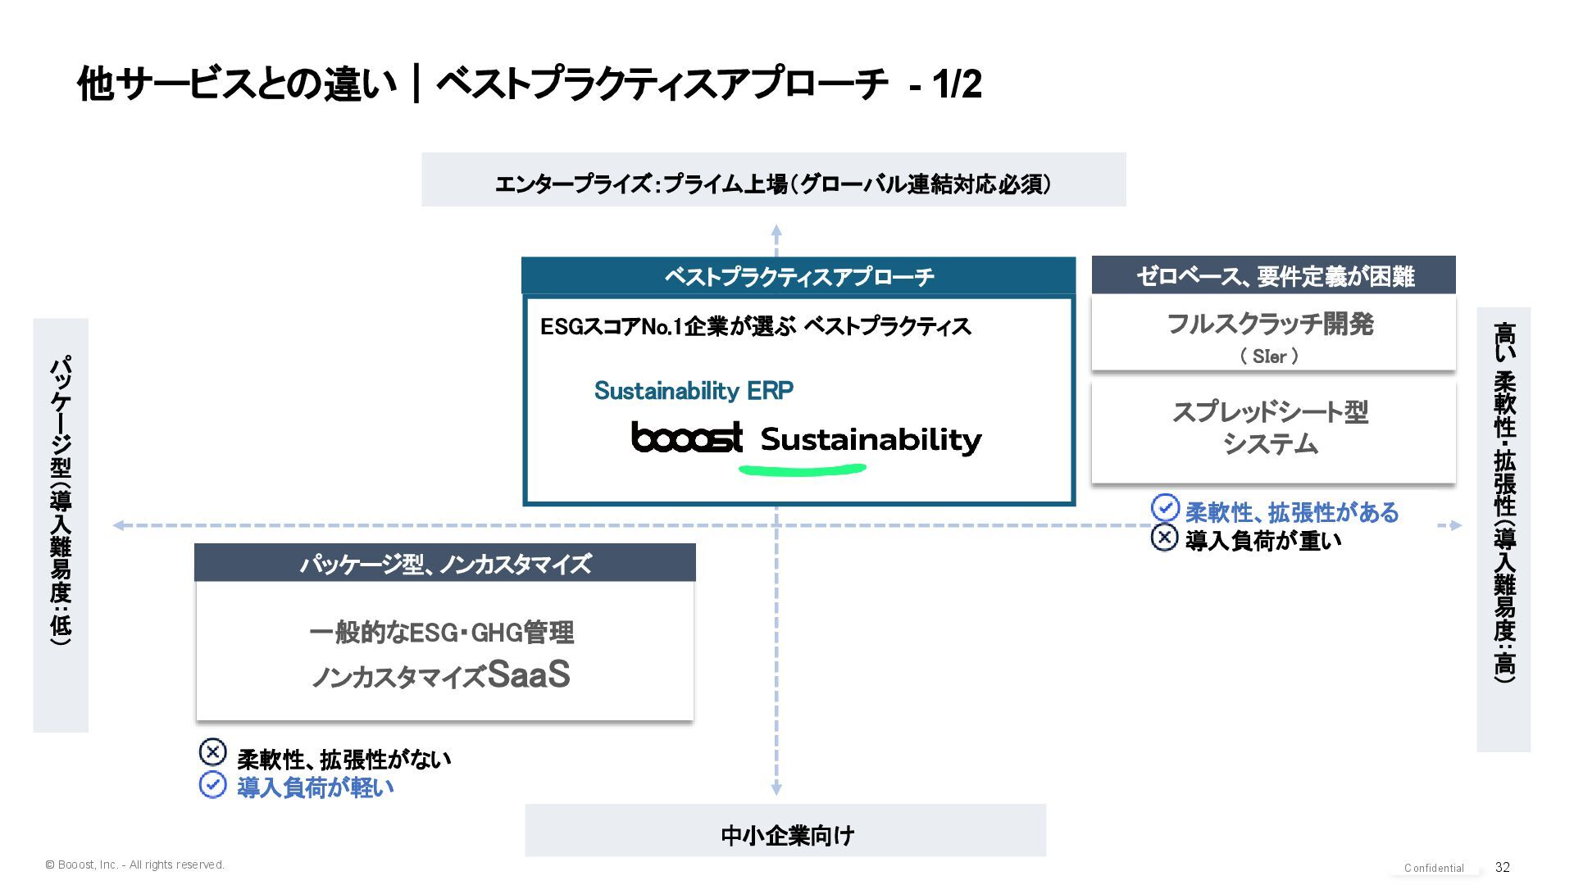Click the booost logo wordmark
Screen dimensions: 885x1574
point(687,438)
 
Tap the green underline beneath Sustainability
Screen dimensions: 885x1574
point(802,470)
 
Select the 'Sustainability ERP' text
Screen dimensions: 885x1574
point(694,391)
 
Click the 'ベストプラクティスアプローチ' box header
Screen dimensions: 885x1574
point(798,276)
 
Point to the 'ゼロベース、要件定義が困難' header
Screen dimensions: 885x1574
point(1273,276)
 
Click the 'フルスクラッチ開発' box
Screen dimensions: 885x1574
point(1272,334)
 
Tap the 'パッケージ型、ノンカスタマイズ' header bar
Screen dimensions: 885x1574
point(445,564)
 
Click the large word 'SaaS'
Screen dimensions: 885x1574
point(529,674)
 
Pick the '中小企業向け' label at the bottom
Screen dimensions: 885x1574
point(786,835)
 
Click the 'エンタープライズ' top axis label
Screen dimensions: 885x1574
point(773,184)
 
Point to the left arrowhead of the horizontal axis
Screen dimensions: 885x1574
point(119,525)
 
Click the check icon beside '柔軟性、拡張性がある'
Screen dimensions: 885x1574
point(1165,508)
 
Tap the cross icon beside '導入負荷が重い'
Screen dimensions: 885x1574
point(1165,538)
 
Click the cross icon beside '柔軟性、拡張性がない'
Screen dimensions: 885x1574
point(212,751)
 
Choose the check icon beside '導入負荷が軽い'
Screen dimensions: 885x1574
point(212,785)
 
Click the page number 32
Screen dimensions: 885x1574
point(1502,867)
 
